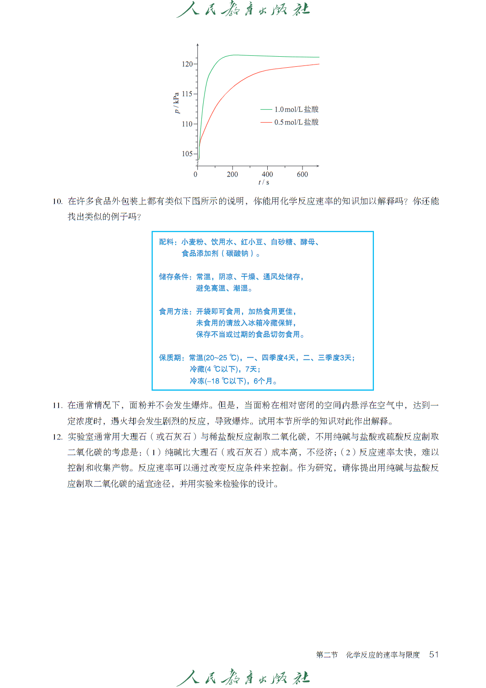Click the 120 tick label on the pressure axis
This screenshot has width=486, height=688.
[x=187, y=64]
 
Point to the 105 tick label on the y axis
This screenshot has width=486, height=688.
[x=187, y=154]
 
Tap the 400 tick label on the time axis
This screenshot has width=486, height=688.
[x=267, y=174]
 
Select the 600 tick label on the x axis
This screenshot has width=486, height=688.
[x=302, y=174]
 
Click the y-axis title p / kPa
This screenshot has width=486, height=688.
[x=176, y=103]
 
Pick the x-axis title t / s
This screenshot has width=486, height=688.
[x=264, y=182]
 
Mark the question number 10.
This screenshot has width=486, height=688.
[x=57, y=201]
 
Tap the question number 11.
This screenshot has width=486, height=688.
[x=57, y=405]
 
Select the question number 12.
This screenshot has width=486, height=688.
[x=57, y=437]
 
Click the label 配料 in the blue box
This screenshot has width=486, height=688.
[x=167, y=242]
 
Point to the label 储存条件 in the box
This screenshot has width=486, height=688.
[x=174, y=277]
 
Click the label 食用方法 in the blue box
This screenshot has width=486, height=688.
[x=174, y=312]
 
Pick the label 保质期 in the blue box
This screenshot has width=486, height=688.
[x=170, y=358]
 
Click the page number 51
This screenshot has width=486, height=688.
[x=434, y=655]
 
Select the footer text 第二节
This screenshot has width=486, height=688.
[x=327, y=655]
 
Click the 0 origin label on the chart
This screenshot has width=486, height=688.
[x=196, y=174]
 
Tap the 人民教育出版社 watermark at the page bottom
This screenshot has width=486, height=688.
[x=243, y=677]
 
